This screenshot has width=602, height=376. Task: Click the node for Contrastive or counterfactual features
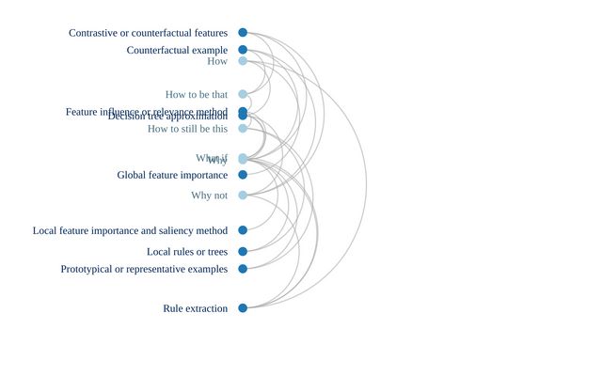[x=243, y=33]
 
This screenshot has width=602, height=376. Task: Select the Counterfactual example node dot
[x=243, y=50]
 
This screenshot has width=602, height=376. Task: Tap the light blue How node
[x=243, y=61]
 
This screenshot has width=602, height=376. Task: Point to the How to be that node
[x=243, y=94]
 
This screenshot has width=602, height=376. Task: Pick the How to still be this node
[x=243, y=129]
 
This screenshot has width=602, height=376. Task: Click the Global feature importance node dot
[x=243, y=175]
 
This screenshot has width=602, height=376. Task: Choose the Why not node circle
[x=243, y=196]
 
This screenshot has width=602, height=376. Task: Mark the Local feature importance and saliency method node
[x=243, y=230]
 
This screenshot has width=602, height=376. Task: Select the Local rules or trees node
[x=243, y=252]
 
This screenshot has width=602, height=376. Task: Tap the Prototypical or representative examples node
[x=243, y=269]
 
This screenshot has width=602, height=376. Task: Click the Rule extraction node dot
[x=243, y=308]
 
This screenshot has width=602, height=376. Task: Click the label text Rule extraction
[x=195, y=308]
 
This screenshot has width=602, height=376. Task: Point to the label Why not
[x=209, y=196]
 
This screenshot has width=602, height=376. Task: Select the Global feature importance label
[x=172, y=175]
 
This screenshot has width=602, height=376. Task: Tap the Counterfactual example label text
[x=177, y=50]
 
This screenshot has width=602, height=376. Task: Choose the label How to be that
[x=197, y=94]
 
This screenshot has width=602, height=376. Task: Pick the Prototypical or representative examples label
[x=144, y=269]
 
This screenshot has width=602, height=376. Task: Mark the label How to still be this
[x=187, y=129]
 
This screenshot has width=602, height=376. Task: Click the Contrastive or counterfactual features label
[x=148, y=33]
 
